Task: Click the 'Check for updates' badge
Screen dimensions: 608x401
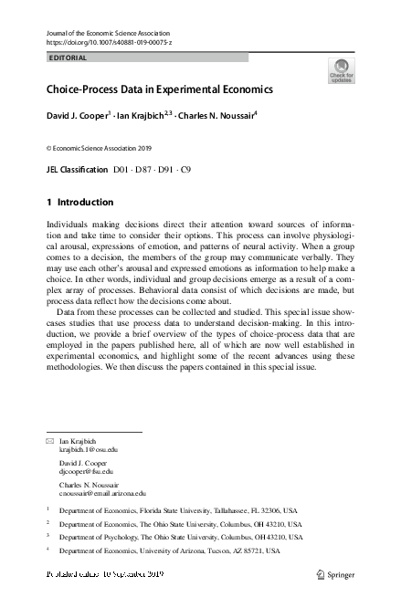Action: (x=343, y=70)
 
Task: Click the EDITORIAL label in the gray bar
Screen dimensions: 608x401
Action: (x=67, y=58)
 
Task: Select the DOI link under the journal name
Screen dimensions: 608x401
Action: (x=109, y=43)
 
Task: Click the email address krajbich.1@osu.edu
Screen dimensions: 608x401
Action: (x=89, y=450)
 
